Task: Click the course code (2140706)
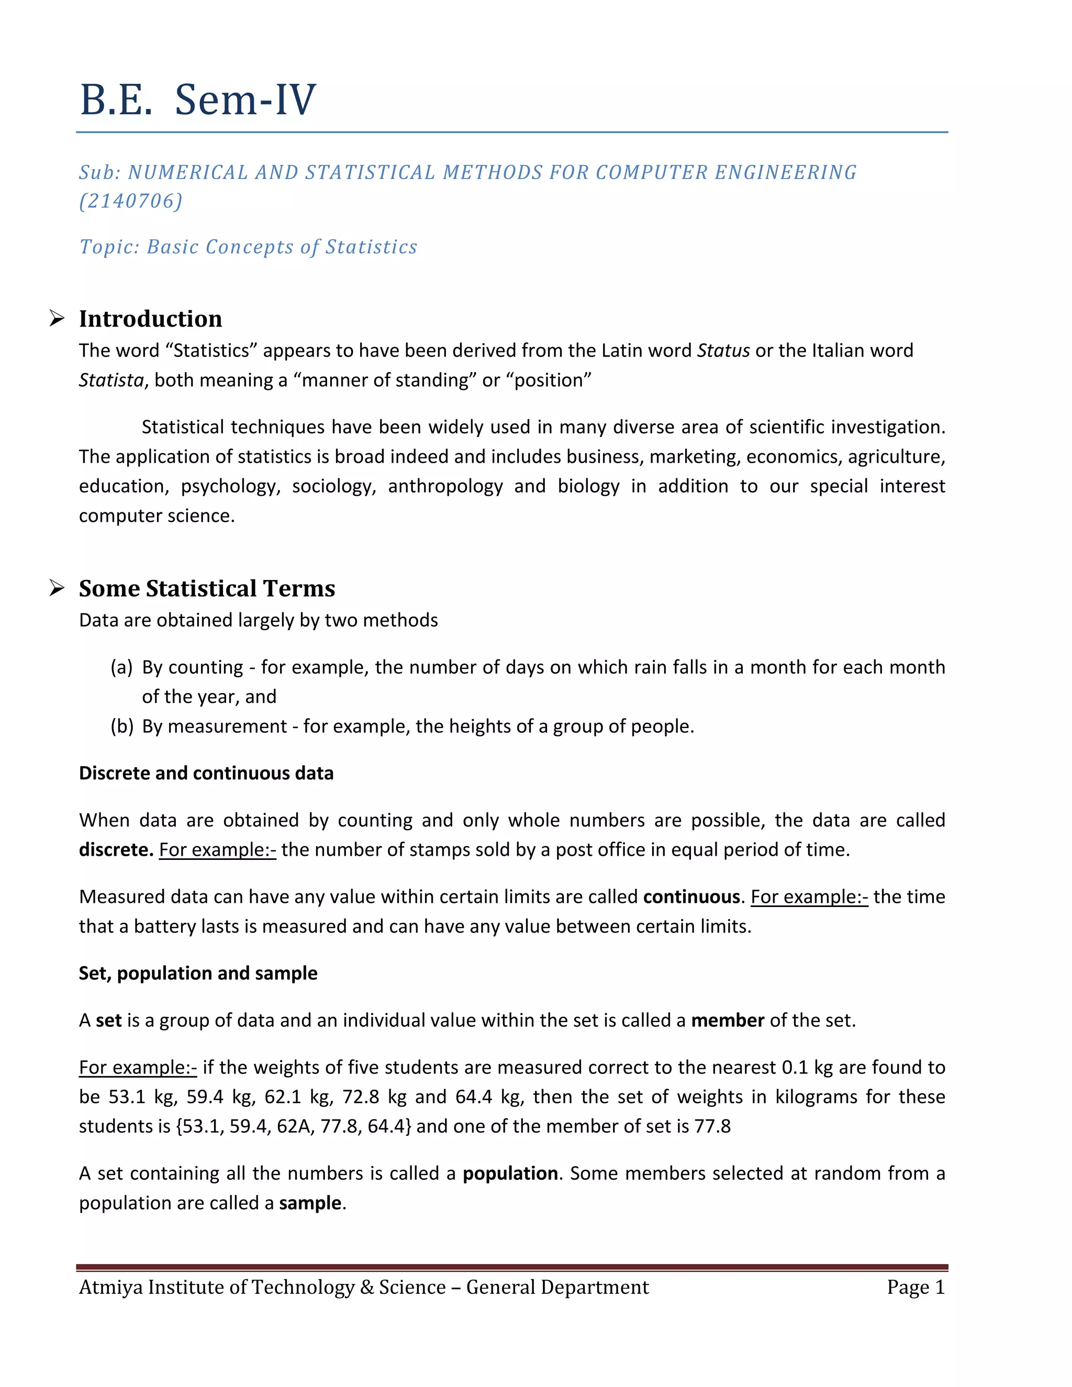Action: (131, 202)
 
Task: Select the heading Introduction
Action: (151, 319)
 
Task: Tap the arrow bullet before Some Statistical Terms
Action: (57, 589)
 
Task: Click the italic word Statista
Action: (111, 381)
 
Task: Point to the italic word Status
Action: (723, 351)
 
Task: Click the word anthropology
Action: (445, 486)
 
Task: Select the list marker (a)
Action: (121, 667)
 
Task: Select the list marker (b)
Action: (121, 726)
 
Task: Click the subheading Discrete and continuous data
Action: (206, 774)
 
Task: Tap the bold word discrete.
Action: (115, 851)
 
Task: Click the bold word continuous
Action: (691, 897)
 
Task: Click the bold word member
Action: (727, 1021)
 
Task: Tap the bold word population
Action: (510, 1173)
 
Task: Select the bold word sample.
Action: (310, 1203)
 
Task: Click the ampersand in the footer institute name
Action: (366, 1288)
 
